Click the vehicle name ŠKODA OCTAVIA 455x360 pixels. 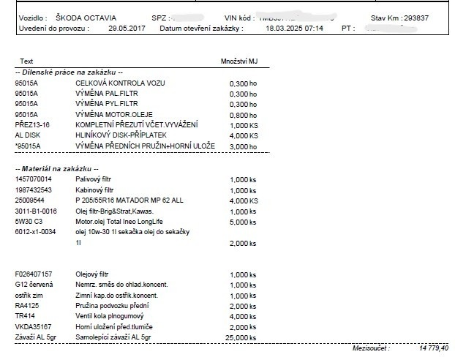pos(85,17)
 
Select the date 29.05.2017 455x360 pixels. pos(127,29)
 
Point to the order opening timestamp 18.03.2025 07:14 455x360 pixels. pos(293,29)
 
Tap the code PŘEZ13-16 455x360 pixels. pos(31,125)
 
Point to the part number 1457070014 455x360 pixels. pos(34,179)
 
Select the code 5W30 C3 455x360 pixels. pos(29,221)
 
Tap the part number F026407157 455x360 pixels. pos(34,274)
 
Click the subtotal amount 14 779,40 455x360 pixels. pos(434,349)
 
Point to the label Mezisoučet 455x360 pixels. pos(370,349)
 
